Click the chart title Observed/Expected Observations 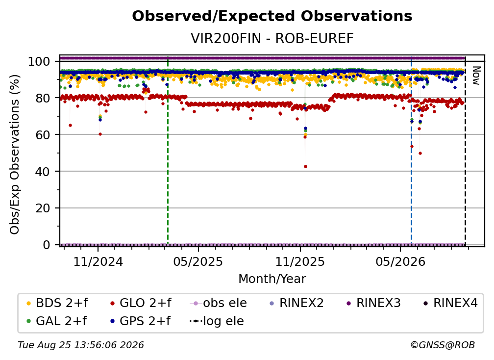272,16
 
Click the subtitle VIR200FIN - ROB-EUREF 272,38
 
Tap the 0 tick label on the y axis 46,245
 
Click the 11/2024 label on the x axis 98,261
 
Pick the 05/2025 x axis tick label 198,261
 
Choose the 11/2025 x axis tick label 300,261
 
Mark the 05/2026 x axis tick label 400,261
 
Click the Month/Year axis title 272,279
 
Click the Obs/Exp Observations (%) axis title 15,154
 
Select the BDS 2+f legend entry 57,303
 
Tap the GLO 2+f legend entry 141,303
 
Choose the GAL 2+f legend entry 56,321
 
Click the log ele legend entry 217,321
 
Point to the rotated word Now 476,76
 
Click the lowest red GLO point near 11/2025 305,166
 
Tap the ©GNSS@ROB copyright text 443,345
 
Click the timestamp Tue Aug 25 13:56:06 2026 81,345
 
